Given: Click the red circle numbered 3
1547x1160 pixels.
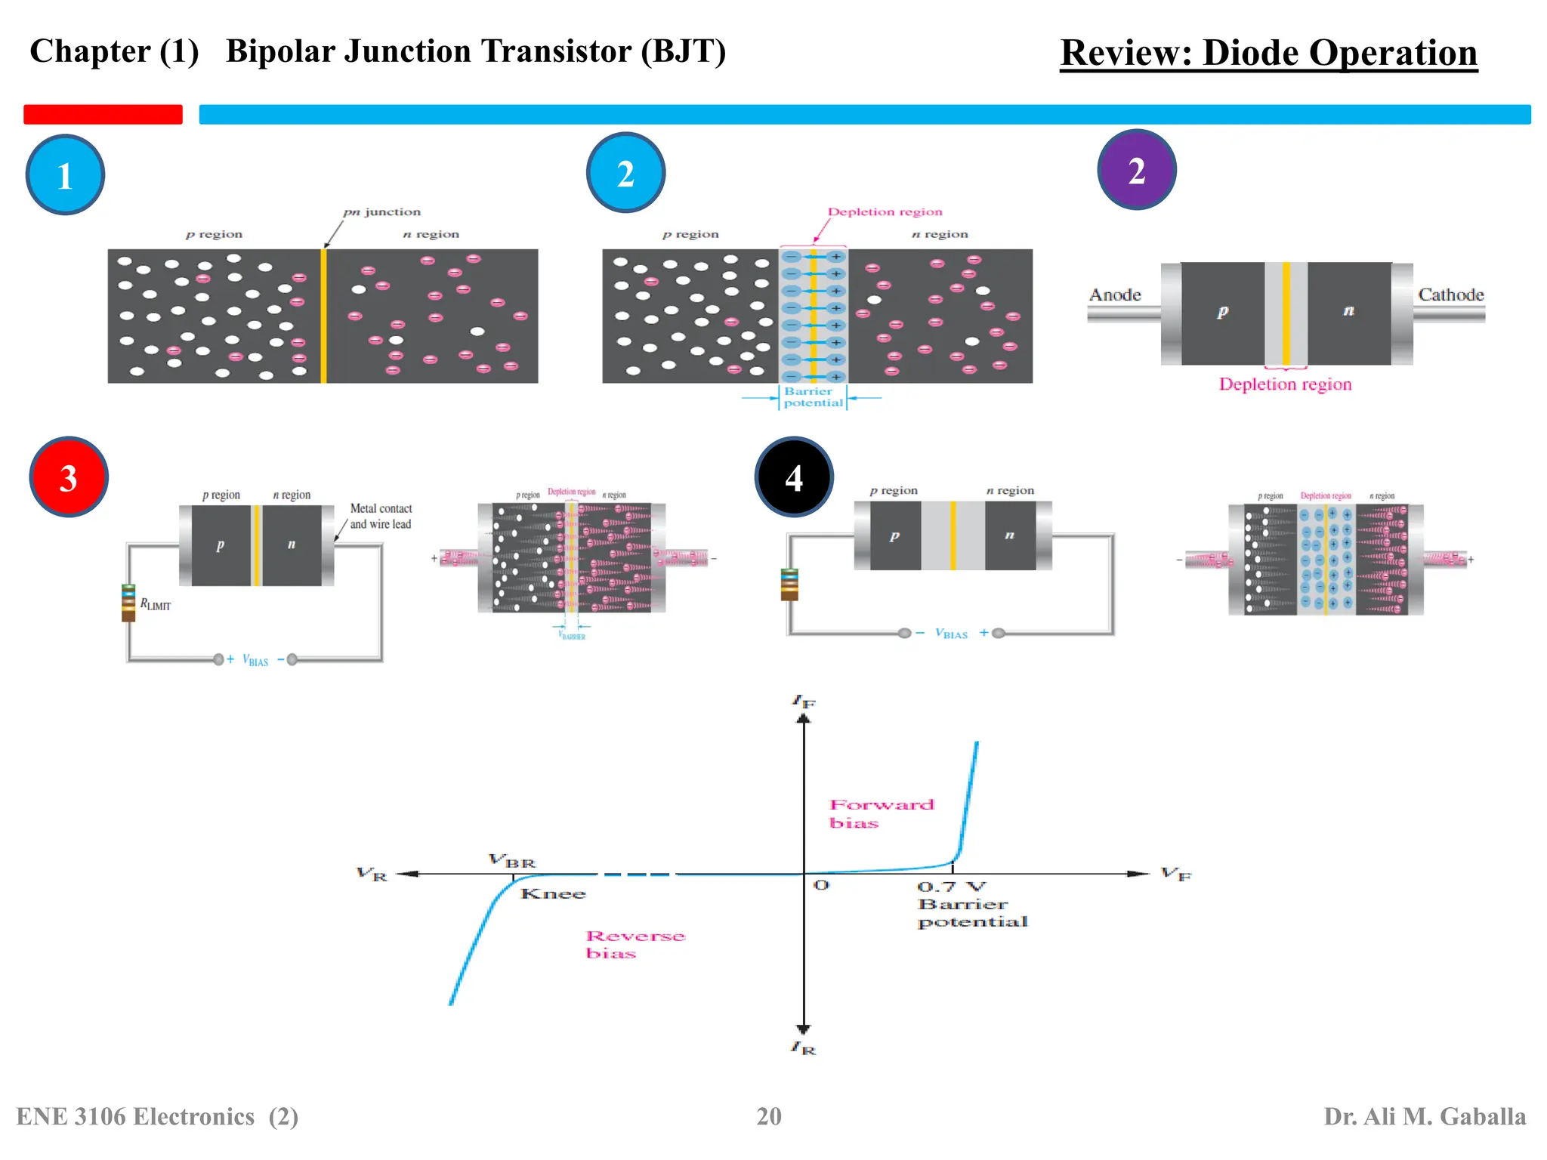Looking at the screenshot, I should pyautogui.click(x=69, y=477).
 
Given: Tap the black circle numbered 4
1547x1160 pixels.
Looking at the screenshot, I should pyautogui.click(x=794, y=477).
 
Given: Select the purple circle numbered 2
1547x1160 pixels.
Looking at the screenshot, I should pyautogui.click(x=1136, y=170).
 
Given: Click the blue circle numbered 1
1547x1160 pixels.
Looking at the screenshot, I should pyautogui.click(x=65, y=175).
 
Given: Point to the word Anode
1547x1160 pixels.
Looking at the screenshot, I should pyautogui.click(x=1115, y=295).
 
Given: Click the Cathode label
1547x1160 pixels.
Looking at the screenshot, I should pyautogui.click(x=1450, y=295).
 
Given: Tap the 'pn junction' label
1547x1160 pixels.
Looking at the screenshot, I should pyautogui.click(x=381, y=212).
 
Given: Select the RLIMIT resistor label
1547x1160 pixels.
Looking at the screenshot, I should pyautogui.click(x=156, y=605).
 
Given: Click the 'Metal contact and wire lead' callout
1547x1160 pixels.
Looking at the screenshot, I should pyautogui.click(x=381, y=517).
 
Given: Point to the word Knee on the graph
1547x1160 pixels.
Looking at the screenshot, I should pyautogui.click(x=553, y=894).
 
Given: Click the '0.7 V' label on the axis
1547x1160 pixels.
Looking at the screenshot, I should pyautogui.click(x=951, y=887).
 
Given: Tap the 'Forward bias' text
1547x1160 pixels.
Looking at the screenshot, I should pyautogui.click(x=881, y=813).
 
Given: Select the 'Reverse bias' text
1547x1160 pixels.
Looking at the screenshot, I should pyautogui.click(x=635, y=944).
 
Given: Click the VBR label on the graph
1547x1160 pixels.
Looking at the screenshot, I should pyautogui.click(x=512, y=861).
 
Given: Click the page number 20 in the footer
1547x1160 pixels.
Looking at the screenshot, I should pyautogui.click(x=769, y=1116).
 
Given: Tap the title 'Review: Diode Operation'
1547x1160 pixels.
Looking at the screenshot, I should pyautogui.click(x=1268, y=53).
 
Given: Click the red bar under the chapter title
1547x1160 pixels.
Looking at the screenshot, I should pyautogui.click(x=103, y=114).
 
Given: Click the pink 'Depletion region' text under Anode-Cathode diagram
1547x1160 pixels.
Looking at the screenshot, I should pyautogui.click(x=1285, y=384).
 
